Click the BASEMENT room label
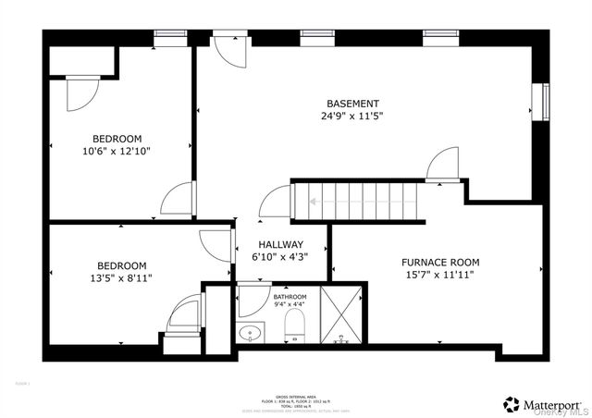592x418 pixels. click(x=351, y=104)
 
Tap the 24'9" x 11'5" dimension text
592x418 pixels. click(x=351, y=117)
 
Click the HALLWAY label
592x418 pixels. click(x=280, y=245)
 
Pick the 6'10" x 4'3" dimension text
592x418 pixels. click(x=280, y=258)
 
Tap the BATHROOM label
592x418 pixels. click(x=290, y=297)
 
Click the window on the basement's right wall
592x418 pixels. click(x=546, y=102)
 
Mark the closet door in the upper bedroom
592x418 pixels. click(x=80, y=92)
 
